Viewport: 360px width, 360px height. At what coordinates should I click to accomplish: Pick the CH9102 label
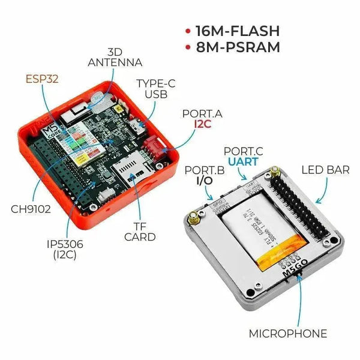[30, 210]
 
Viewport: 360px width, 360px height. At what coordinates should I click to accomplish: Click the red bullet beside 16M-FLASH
[188, 31]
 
